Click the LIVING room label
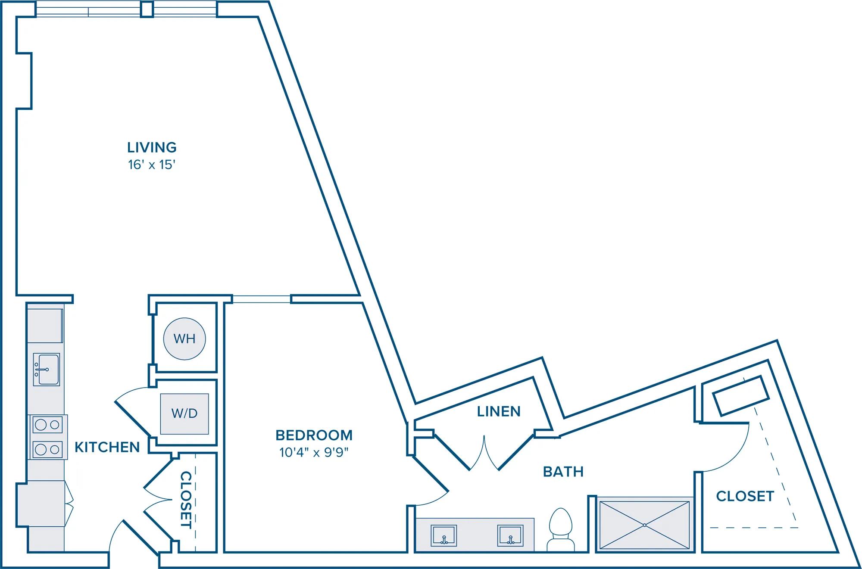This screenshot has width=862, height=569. point(152,147)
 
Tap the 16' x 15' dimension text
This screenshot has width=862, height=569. point(152,165)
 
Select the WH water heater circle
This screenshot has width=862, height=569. point(184,339)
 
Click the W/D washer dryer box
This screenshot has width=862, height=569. point(184,414)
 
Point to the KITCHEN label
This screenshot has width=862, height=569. point(107,447)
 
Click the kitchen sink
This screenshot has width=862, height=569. point(47,370)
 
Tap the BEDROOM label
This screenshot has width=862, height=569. point(314,435)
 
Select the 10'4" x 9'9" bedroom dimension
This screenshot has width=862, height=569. point(314,453)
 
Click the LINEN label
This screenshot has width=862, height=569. point(499,411)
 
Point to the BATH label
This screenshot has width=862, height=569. point(563,472)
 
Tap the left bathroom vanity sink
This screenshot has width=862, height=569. point(444,535)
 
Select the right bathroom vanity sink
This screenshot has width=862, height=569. point(510,535)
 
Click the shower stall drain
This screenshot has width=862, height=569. point(644,525)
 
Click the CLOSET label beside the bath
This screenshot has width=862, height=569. point(745,496)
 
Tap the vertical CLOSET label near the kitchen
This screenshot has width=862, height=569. point(186,500)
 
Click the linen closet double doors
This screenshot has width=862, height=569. point(484,452)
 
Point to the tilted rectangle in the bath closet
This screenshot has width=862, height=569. point(740,395)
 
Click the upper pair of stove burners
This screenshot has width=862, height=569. point(47,425)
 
